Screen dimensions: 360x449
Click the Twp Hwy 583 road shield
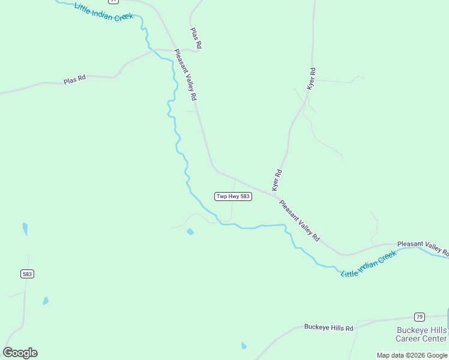233,197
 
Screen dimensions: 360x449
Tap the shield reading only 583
27,274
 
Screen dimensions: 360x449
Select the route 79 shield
419,317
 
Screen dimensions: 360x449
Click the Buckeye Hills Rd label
328,327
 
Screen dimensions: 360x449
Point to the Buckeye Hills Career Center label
421,335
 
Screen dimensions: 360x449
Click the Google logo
20,353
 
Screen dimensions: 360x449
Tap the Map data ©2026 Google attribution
412,355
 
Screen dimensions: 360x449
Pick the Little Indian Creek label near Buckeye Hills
369,264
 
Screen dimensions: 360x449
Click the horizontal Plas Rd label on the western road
75,79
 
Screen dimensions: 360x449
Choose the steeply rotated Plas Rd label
196,38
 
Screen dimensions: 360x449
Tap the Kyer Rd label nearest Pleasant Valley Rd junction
277,180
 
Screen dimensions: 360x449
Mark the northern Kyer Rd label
311,79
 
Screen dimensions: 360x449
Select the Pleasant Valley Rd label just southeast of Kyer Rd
300,221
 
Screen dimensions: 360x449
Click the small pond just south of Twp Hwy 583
190,232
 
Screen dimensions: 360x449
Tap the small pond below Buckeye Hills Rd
244,346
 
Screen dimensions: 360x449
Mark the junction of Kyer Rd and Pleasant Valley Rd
276,196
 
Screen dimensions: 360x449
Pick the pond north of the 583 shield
25,229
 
